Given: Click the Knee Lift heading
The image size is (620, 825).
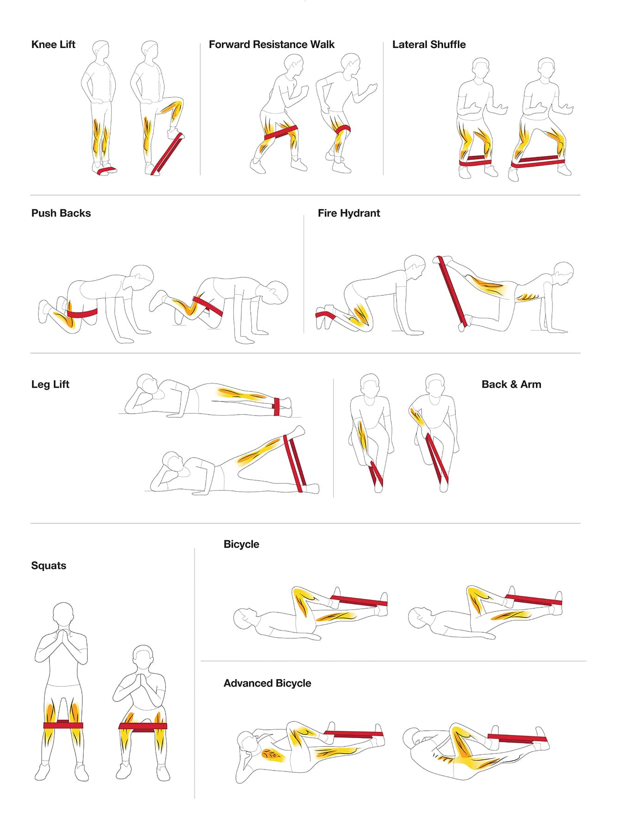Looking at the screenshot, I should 53,45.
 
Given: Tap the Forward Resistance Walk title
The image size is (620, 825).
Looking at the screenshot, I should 272,45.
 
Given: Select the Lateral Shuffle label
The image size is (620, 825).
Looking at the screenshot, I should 429,45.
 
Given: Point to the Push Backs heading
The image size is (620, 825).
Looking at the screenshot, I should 61,214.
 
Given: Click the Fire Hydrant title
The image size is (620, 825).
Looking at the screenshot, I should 349,214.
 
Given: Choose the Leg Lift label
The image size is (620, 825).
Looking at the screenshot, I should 50,385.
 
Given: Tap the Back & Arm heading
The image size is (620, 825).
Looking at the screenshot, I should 511,385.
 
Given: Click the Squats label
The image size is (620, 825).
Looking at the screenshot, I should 49,566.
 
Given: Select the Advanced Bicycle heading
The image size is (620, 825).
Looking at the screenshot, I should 267,683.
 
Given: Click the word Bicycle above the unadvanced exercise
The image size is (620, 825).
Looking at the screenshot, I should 241,544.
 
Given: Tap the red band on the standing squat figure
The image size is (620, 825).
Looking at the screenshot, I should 63,725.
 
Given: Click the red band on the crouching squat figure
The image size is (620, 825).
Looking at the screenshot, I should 143,727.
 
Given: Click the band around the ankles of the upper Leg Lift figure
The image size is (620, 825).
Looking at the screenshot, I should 276,406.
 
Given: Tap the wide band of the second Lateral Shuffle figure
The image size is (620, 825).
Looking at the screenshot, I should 538,161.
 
